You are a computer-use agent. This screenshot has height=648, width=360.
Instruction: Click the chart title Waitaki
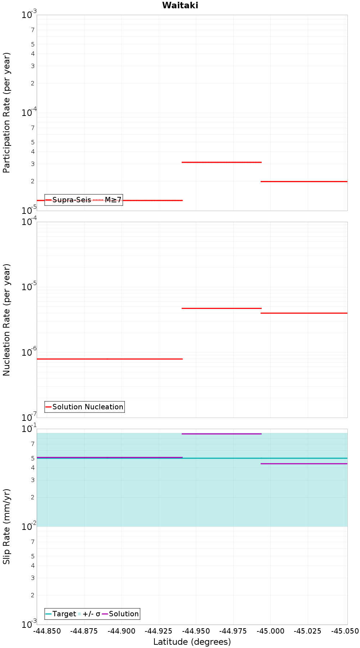coord(180,5)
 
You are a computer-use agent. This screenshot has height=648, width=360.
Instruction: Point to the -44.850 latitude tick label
coord(47,631)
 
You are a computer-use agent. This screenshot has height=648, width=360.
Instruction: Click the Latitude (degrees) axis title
coord(192,642)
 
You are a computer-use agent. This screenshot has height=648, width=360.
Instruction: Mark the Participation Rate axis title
coord(7,113)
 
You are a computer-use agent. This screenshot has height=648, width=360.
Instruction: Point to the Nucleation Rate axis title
coord(7,320)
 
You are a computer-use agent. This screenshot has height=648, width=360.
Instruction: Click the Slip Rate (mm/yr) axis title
coord(7,526)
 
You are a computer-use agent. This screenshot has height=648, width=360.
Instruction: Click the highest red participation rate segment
coord(221,162)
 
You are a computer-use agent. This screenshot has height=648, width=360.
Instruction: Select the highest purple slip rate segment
coord(221,434)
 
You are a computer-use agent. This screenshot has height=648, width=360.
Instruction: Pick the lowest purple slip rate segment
coord(304,464)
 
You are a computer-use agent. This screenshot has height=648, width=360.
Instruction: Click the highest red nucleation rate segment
coord(221,308)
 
